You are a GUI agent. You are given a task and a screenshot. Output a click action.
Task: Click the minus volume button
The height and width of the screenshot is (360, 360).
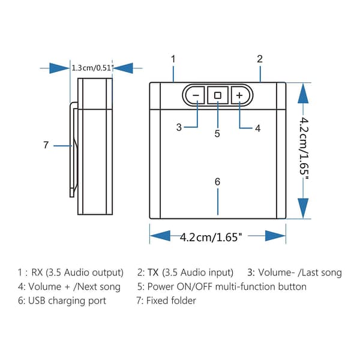[195, 95]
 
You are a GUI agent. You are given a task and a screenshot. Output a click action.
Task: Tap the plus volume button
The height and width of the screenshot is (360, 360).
[240, 95]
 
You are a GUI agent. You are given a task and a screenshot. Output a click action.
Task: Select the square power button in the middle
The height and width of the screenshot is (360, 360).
[218, 95]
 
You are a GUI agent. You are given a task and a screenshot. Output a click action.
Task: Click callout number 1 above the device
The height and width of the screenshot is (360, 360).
[173, 59]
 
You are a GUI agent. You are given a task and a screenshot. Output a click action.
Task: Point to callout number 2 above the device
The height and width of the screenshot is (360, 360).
[260, 59]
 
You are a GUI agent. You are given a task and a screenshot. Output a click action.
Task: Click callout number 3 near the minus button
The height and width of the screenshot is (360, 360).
[179, 127]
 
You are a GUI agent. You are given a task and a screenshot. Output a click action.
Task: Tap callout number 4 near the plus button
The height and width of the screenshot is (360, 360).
[258, 128]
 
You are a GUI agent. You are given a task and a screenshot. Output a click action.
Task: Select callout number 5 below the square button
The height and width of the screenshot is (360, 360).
[217, 133]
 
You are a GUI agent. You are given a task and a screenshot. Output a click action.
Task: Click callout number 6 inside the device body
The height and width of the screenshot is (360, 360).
[217, 182]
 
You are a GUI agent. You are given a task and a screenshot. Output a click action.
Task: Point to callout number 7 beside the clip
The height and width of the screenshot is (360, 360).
[46, 145]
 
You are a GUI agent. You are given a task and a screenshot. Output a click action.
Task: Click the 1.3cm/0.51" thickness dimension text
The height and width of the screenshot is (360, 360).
[92, 68]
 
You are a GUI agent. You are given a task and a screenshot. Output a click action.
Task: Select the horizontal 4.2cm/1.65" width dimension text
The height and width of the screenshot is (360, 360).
[211, 237]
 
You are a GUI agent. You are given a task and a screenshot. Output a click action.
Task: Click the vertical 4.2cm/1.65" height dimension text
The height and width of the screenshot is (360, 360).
[304, 149]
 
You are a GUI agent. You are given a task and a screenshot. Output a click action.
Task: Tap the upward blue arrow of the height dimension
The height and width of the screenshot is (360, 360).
[303, 93]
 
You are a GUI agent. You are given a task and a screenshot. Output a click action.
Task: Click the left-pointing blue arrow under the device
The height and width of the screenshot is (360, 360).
[160, 236]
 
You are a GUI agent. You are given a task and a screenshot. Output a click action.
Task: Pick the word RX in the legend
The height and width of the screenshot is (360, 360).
[37, 272]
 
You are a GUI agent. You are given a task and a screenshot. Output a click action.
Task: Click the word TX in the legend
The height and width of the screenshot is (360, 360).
[153, 272]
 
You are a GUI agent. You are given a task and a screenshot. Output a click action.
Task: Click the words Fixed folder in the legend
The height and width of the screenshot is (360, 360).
[171, 301]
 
